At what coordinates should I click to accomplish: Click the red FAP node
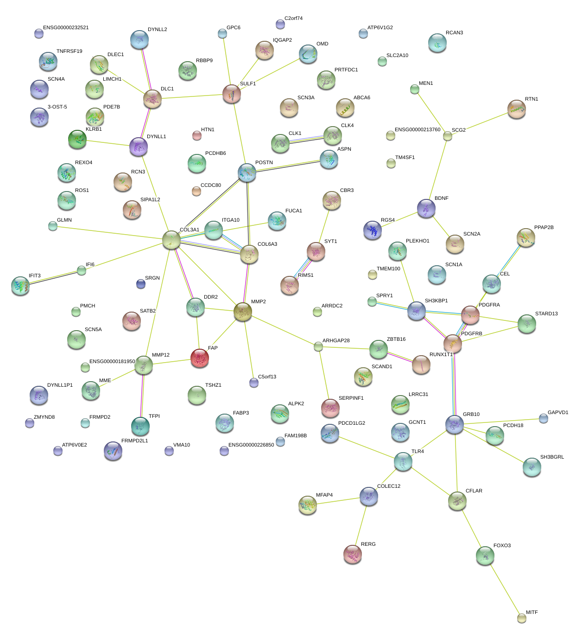[x=200, y=358]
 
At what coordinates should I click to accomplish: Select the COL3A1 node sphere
[x=171, y=240]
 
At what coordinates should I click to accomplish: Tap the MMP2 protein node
[x=243, y=312]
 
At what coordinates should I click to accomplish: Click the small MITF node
[x=522, y=618]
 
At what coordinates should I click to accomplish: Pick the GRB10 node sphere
[x=455, y=424]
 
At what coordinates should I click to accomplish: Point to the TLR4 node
[x=403, y=461]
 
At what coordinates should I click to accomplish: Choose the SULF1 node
[x=232, y=94]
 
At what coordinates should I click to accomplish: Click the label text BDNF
[x=441, y=198]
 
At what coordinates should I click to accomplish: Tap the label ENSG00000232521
[x=66, y=28]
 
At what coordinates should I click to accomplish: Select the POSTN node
[x=247, y=173]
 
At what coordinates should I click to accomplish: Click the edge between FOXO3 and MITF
[x=503, y=587]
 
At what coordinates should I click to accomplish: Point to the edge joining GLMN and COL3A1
[x=112, y=233]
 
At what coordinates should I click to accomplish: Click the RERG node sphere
[x=353, y=554]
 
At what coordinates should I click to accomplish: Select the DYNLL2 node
[x=139, y=40]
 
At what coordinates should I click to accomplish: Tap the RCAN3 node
[x=437, y=43]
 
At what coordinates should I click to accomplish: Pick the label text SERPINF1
[x=351, y=398]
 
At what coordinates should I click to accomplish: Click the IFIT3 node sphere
[x=20, y=286]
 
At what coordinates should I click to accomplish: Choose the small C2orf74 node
[x=280, y=24]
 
